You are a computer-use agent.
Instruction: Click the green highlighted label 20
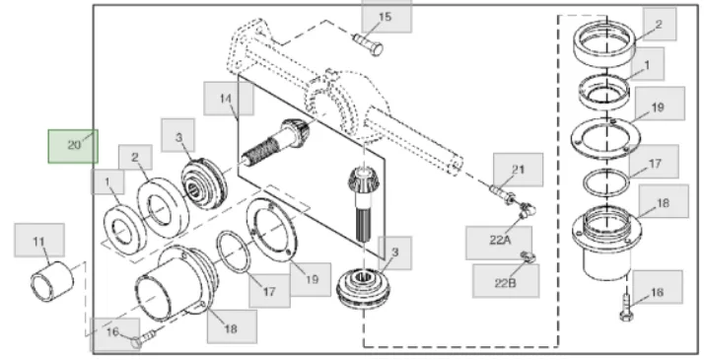pyautogui.click(x=73, y=146)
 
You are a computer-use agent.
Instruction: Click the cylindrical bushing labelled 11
pyautogui.click(x=51, y=281)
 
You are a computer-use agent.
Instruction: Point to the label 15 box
pyautogui.click(x=387, y=17)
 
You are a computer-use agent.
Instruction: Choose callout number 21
pyautogui.click(x=518, y=170)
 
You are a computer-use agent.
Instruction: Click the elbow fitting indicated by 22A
pyautogui.click(x=527, y=209)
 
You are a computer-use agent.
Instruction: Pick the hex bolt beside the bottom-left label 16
pyautogui.click(x=144, y=338)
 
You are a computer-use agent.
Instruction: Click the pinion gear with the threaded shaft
pyautogui.click(x=276, y=141)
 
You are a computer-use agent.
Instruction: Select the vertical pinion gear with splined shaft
pyautogui.click(x=364, y=203)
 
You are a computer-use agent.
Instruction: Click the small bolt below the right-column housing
pyautogui.click(x=627, y=307)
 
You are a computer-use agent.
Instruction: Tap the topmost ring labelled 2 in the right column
pyautogui.click(x=605, y=43)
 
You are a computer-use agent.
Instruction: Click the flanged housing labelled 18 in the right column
pyautogui.click(x=606, y=242)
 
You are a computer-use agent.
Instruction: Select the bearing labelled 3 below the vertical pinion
pyautogui.click(x=363, y=289)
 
